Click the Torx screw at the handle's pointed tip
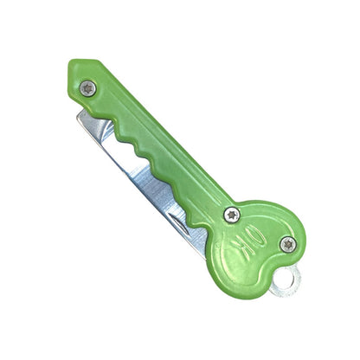tap(88, 87)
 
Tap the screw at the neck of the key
tap(231, 214)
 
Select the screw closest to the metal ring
tap(287, 244)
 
